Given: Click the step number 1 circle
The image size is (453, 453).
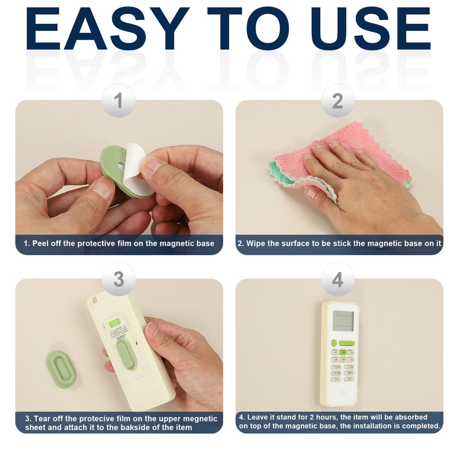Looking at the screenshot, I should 118,101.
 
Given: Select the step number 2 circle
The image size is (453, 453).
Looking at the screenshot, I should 338,101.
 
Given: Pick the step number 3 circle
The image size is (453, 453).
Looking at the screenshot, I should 118,280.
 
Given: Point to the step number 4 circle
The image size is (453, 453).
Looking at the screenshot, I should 338,280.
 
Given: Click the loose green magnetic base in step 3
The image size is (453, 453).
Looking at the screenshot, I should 61,369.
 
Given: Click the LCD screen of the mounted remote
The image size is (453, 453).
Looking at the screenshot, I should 343,321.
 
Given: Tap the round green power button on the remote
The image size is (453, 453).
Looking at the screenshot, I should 334,343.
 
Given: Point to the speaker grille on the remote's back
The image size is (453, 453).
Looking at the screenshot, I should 95,299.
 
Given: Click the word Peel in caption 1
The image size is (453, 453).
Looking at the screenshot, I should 40,244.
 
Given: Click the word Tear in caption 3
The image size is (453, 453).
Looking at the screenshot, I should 42,418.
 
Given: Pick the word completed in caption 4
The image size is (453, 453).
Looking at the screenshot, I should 423,426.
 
